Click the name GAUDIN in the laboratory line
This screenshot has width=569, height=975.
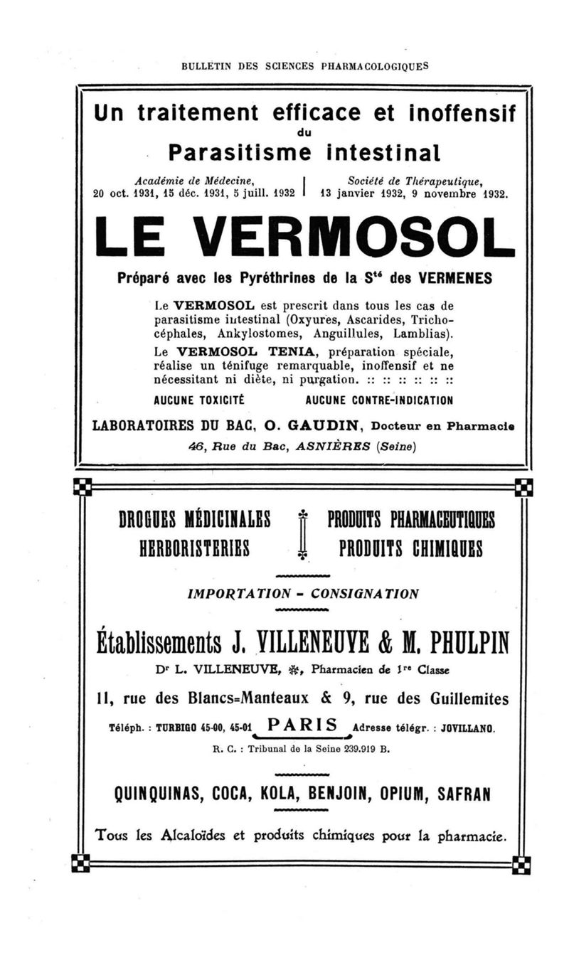click(318, 426)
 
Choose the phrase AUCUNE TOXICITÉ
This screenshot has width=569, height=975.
click(199, 400)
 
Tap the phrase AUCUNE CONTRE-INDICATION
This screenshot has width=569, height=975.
click(378, 400)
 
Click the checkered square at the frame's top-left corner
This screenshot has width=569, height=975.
click(83, 488)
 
